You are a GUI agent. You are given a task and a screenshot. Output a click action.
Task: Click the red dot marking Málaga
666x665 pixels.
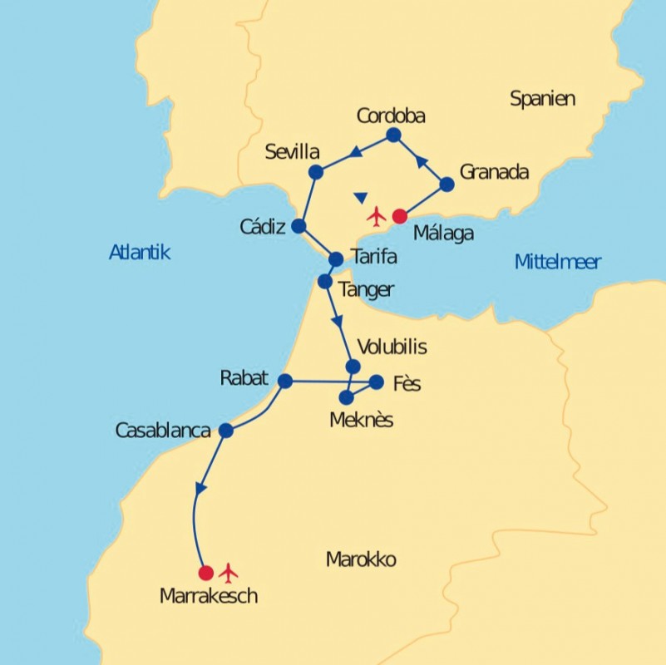[399, 216]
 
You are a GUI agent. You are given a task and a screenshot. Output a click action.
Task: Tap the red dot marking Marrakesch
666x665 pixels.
[206, 573]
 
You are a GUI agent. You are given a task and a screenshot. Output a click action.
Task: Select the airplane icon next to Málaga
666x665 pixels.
[377, 217]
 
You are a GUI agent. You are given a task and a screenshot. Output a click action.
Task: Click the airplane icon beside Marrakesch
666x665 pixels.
[229, 573]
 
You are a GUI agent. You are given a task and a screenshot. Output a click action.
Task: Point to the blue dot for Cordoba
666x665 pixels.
[393, 135]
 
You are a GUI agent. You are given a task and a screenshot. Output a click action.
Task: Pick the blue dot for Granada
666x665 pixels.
[446, 185]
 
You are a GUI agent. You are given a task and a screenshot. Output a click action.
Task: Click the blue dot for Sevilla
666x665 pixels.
[316, 172]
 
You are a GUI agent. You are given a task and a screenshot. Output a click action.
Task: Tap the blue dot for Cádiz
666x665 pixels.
[299, 225]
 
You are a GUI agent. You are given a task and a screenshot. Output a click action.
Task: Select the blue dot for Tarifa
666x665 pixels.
[336, 259]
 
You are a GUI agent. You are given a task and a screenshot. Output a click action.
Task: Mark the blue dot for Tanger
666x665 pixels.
[325, 281]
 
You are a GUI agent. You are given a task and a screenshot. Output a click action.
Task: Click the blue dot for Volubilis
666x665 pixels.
[353, 367]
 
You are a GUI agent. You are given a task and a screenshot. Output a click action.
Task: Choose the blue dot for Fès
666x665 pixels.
[376, 382]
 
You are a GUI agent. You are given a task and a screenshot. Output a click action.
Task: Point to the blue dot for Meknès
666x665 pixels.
[347, 397]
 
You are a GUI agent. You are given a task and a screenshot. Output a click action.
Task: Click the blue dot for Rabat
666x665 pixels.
[285, 381]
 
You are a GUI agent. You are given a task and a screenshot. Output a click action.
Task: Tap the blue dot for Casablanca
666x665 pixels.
[225, 431]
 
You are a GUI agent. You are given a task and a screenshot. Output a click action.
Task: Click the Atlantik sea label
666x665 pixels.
[140, 253]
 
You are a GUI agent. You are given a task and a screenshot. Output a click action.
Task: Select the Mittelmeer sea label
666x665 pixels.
[557, 263]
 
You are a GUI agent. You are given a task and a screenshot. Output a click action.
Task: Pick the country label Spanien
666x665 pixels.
[542, 99]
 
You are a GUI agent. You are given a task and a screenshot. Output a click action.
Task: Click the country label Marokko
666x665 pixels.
[361, 559]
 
